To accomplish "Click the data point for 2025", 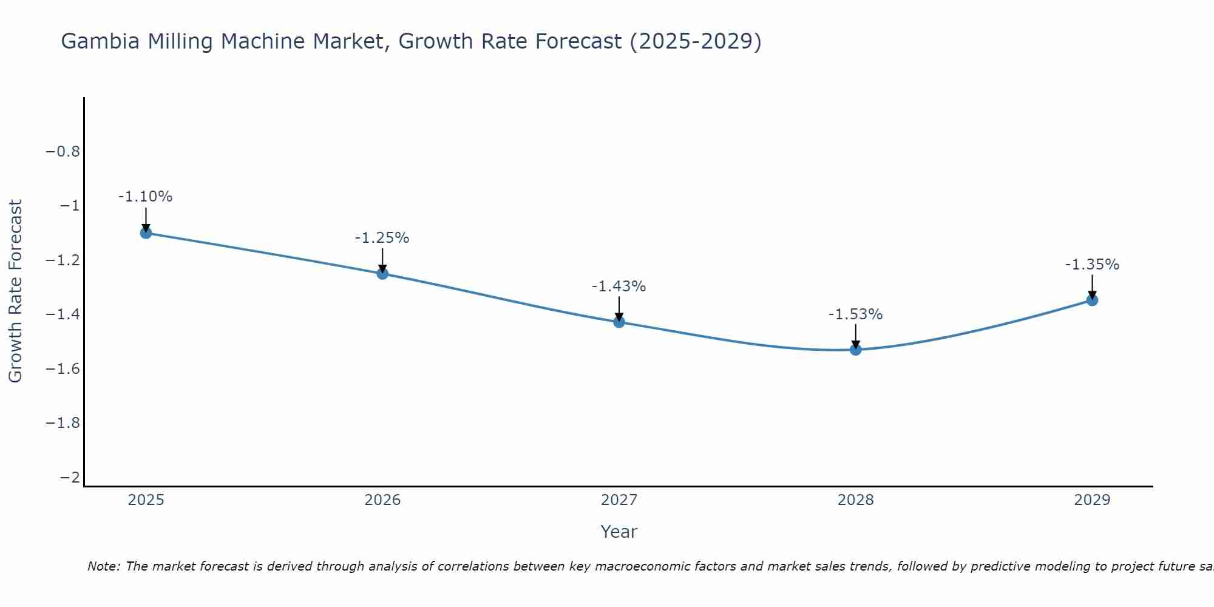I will click(146, 232).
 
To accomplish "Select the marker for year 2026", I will click(382, 274).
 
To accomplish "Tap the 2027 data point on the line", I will click(619, 322).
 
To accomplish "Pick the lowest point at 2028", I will click(856, 350).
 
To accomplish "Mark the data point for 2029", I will click(1092, 300).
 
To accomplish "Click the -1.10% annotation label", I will click(145, 197).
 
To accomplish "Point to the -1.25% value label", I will click(382, 238).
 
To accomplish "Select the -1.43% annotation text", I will click(619, 287).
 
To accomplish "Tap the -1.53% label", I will click(855, 314).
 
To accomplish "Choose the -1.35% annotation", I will click(1092, 265).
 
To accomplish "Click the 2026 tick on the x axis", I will click(382, 500).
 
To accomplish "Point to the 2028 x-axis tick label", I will click(856, 500).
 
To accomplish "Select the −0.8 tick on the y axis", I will click(63, 151).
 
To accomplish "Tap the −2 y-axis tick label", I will click(70, 478).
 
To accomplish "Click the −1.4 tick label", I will click(63, 314).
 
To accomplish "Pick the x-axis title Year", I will click(619, 532).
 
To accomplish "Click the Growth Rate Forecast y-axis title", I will click(15, 291).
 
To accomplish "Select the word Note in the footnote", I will click(103, 566).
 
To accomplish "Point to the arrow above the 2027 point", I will click(619, 308).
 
